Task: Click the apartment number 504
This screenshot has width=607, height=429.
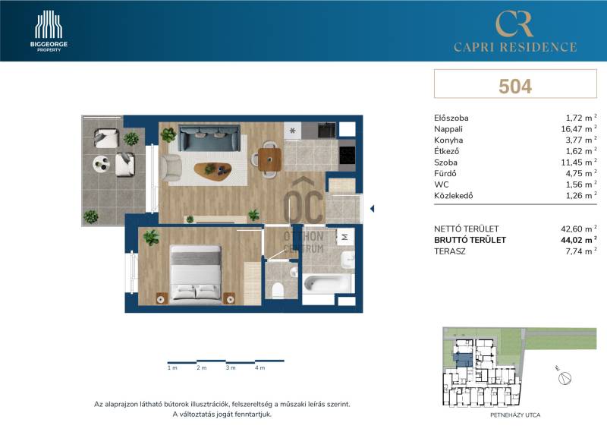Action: tap(515, 86)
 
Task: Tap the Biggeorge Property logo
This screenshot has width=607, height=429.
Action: tap(49, 30)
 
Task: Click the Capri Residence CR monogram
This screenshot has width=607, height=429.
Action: tap(514, 24)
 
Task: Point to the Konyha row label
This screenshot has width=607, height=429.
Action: tap(448, 140)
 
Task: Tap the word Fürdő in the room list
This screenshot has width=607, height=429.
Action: tap(445, 174)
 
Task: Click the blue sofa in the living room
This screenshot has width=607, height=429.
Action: tap(209, 137)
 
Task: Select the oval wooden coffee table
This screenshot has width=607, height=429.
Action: tap(213, 169)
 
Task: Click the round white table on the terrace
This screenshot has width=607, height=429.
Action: tap(102, 163)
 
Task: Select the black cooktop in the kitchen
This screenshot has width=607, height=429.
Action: tap(348, 156)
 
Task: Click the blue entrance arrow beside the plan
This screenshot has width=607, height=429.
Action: tap(372, 209)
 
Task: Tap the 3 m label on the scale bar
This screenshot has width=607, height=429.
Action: tap(231, 367)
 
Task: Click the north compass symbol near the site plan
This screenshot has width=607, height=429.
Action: tap(565, 378)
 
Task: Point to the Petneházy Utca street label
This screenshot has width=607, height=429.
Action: tap(515, 415)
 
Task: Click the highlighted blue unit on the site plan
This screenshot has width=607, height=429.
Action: tap(464, 359)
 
